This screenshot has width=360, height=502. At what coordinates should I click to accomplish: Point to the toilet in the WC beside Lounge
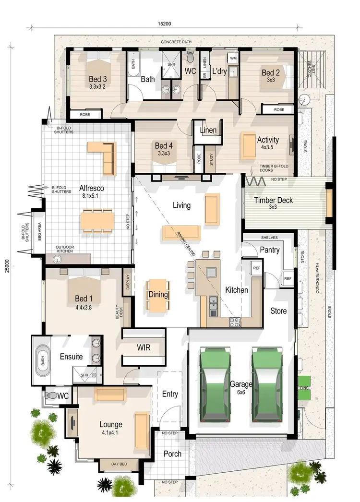[49, 396]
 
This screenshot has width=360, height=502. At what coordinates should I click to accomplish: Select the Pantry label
[269, 250]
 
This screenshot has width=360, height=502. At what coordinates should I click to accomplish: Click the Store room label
[278, 311]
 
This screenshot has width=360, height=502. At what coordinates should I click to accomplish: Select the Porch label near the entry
[172, 454]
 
